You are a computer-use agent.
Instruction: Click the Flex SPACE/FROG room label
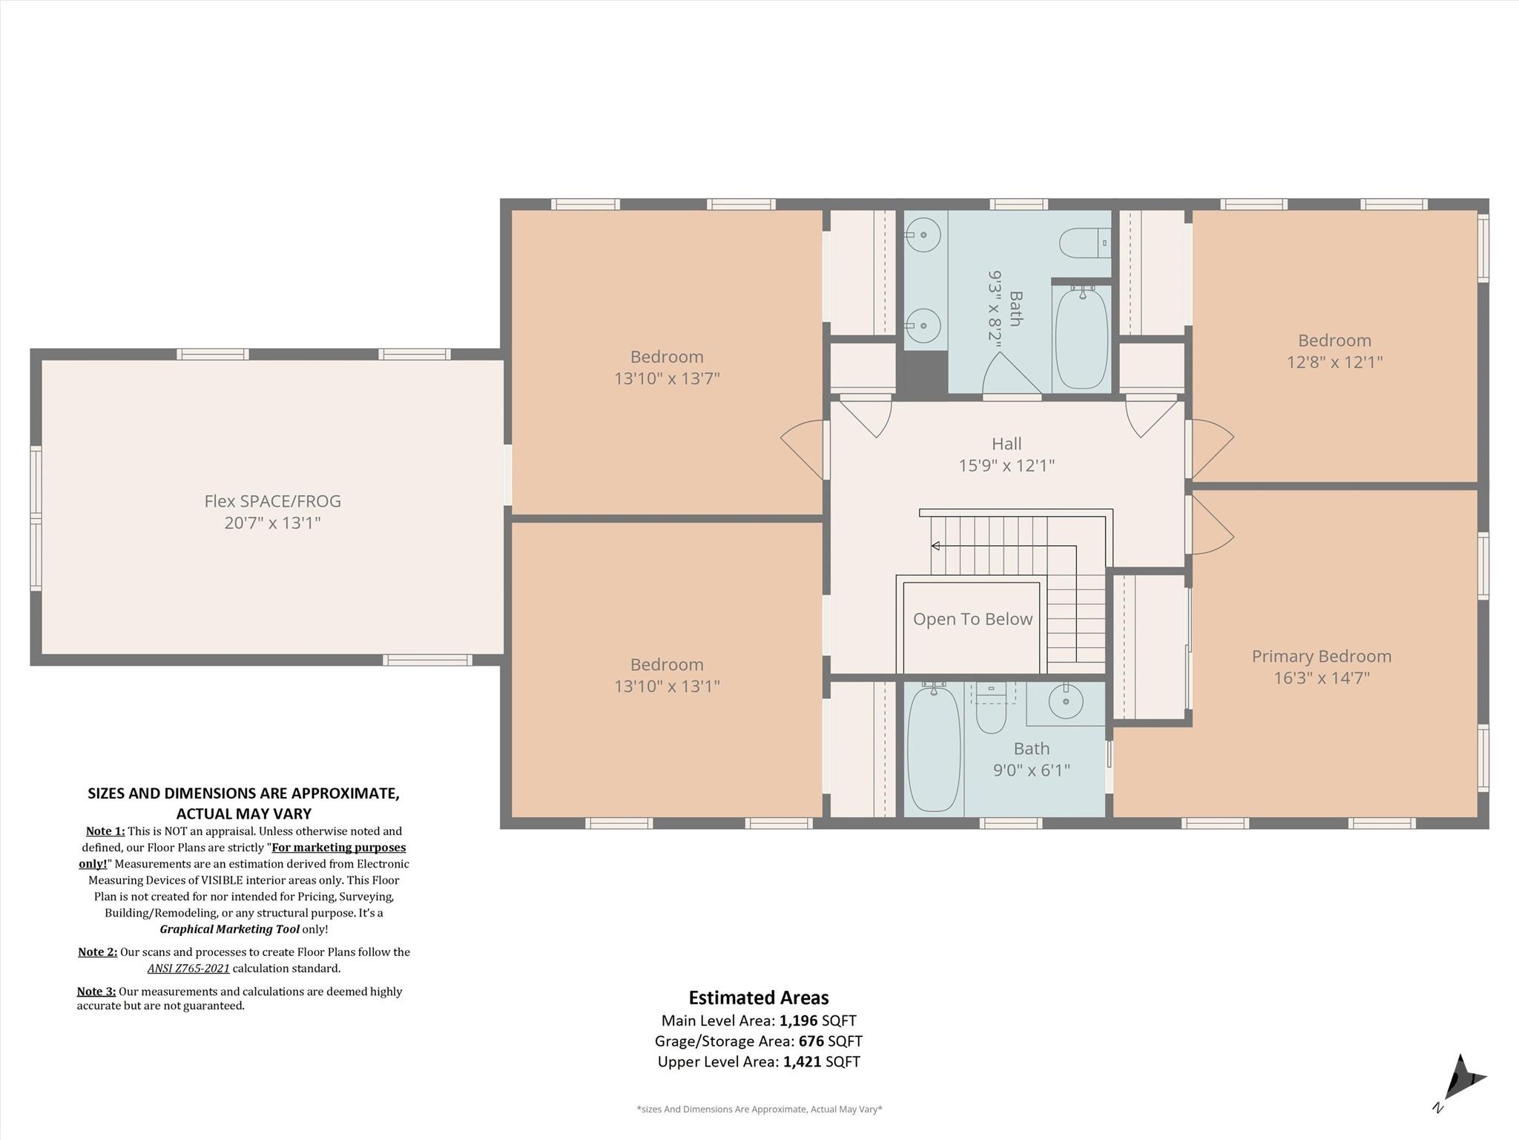[x=272, y=501]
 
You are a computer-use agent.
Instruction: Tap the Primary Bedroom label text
[x=1321, y=656]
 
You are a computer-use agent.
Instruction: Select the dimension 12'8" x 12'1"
[x=1334, y=362]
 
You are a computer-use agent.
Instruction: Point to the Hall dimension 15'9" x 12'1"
[x=1006, y=465]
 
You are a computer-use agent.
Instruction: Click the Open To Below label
[x=972, y=619]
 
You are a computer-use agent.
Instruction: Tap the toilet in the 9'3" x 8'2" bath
[x=1084, y=243]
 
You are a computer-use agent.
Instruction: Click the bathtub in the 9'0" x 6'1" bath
[x=934, y=748]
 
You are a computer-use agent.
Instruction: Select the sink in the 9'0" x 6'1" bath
[x=1066, y=701]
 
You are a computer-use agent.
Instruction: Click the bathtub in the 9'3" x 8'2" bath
[x=1081, y=338]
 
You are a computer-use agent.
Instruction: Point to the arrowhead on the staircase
[x=935, y=546]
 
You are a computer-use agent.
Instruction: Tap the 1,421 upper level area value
[x=803, y=1062]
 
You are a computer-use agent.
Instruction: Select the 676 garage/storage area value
[x=811, y=1041]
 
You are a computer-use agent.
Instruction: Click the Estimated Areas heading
[x=759, y=998]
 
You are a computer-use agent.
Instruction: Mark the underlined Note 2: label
[x=97, y=952]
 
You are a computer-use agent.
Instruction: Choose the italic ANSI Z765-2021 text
[x=188, y=969]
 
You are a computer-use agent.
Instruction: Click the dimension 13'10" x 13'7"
[x=667, y=379]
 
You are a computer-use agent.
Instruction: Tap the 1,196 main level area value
[x=798, y=1021]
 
